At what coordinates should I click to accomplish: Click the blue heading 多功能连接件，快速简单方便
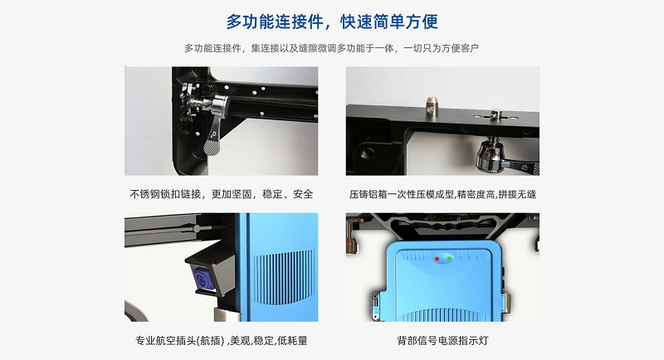(x=332, y=22)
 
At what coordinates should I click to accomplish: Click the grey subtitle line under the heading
(x=331, y=48)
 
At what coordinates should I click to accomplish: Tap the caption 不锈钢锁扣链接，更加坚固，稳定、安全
(x=222, y=194)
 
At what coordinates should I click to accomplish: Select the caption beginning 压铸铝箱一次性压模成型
(x=442, y=194)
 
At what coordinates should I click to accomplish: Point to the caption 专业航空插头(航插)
(x=180, y=341)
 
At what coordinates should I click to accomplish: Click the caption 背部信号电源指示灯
(x=442, y=341)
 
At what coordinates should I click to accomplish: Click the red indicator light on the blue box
(x=437, y=259)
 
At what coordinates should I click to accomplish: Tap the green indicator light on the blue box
(x=449, y=258)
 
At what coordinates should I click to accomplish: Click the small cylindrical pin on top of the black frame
(x=431, y=103)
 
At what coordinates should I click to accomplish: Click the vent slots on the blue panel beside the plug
(x=284, y=277)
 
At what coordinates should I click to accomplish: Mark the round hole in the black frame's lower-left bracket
(x=367, y=153)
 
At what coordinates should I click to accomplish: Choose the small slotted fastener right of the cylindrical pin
(x=496, y=114)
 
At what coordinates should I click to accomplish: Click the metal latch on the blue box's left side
(x=375, y=304)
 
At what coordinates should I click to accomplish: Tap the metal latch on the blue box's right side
(x=506, y=302)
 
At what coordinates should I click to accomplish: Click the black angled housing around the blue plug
(x=211, y=273)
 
